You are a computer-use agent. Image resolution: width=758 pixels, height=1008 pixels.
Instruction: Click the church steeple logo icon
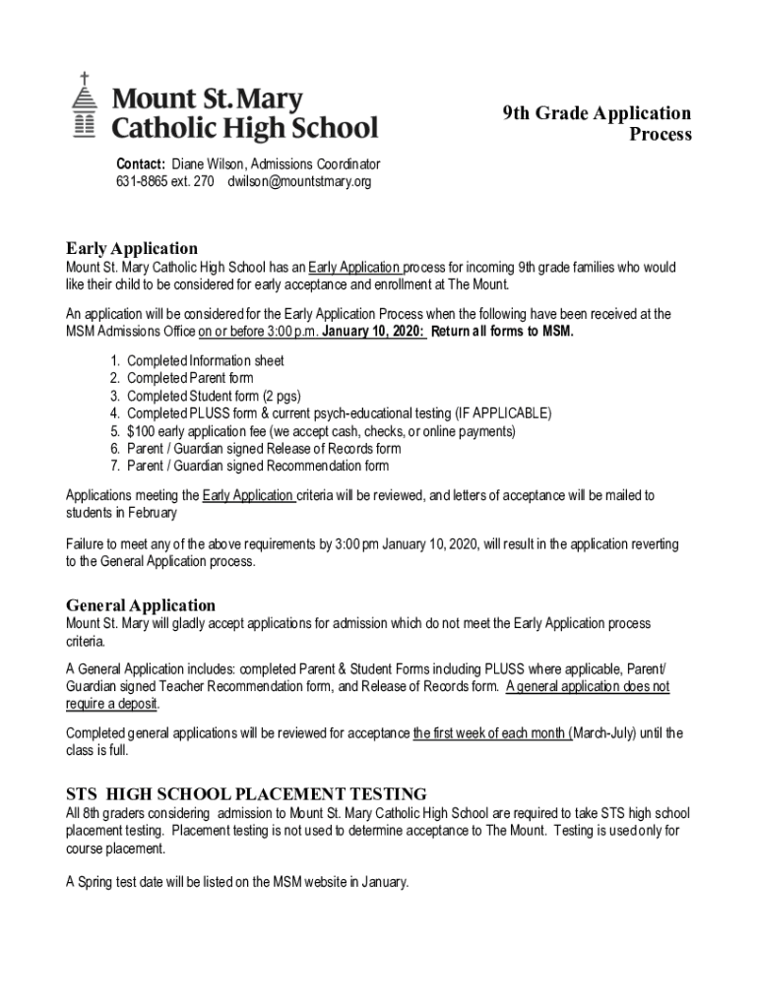point(86,105)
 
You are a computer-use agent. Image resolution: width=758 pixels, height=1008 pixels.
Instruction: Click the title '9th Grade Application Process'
point(598,124)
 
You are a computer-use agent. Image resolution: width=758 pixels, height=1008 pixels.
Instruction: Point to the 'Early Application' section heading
point(132,248)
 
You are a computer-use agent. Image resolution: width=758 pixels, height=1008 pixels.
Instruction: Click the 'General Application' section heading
point(141,604)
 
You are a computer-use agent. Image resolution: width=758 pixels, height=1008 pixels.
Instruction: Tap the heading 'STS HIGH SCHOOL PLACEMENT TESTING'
point(246,793)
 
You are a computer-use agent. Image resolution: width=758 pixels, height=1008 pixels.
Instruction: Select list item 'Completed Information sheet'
point(205,360)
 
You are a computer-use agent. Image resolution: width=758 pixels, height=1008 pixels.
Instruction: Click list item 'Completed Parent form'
point(190,378)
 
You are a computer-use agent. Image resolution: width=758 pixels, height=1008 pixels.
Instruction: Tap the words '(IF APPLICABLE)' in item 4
point(501,413)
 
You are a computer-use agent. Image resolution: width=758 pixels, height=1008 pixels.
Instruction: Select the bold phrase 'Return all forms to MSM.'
point(502,331)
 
